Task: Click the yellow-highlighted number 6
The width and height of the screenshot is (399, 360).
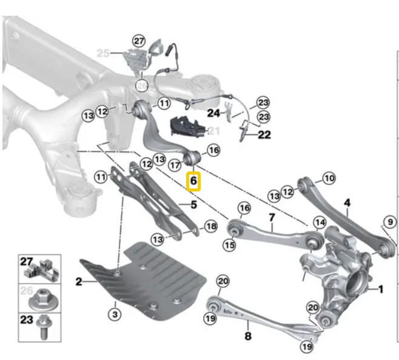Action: (x=193, y=181)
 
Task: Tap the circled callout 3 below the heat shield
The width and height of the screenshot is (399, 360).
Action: (x=115, y=314)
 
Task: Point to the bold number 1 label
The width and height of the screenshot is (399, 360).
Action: (x=380, y=290)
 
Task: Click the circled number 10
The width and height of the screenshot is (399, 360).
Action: (x=328, y=178)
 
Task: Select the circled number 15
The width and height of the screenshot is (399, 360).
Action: (x=229, y=245)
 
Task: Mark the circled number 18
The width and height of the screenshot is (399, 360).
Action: (x=210, y=226)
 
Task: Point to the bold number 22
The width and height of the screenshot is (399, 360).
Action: (x=264, y=135)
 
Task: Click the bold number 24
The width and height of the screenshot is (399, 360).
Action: (x=213, y=113)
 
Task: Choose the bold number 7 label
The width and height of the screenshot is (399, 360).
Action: (x=271, y=217)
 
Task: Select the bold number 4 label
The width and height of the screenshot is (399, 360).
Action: (x=347, y=203)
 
